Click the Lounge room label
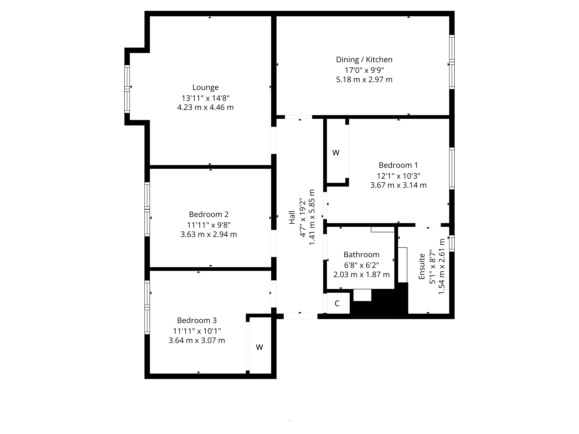click(206, 87)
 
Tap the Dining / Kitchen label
click(364, 60)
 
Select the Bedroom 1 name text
click(398, 165)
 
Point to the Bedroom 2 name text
click(209, 215)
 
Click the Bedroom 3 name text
click(197, 320)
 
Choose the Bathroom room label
click(361, 254)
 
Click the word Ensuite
click(422, 266)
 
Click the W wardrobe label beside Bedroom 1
click(336, 153)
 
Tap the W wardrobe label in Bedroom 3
click(259, 347)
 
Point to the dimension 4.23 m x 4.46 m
click(206, 107)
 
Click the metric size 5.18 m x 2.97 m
click(364, 80)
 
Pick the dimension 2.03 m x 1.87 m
click(361, 275)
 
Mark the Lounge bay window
click(127, 89)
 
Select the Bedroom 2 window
click(147, 209)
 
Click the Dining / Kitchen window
click(452, 62)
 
